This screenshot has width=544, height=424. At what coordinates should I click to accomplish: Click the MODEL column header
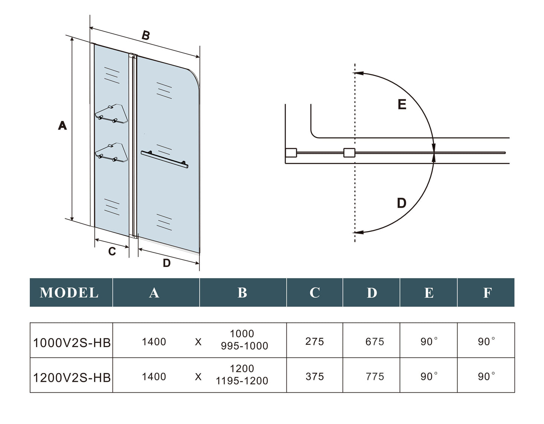[x=69, y=292]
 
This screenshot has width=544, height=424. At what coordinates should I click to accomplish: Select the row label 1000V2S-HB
[x=72, y=343]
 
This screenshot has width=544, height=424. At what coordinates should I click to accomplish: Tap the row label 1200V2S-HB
[x=72, y=377]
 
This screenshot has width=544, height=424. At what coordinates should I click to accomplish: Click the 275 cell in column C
[x=315, y=341]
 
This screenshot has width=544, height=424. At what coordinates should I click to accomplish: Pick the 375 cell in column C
[x=315, y=377]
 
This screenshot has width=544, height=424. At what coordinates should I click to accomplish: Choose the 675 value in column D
[x=375, y=341]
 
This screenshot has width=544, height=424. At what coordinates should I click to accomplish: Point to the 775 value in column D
[x=375, y=377]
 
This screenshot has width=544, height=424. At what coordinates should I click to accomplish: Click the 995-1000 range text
[x=244, y=346]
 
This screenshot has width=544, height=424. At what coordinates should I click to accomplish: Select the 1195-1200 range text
[x=242, y=381]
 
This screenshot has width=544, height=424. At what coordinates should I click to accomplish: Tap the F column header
[x=487, y=292]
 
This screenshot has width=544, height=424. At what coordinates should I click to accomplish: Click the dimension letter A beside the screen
[x=62, y=125]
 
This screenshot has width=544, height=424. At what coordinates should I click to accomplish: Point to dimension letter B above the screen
[x=145, y=35]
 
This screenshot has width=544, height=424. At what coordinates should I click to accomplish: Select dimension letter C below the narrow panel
[x=112, y=251]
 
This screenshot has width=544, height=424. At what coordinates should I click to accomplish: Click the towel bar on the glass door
[x=165, y=159]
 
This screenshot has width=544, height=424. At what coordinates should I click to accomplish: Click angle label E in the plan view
[x=402, y=104]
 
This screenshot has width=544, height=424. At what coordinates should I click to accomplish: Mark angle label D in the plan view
[x=402, y=203]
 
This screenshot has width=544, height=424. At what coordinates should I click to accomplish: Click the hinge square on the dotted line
[x=349, y=153]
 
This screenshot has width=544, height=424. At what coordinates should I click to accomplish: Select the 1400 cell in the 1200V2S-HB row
[x=154, y=377]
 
